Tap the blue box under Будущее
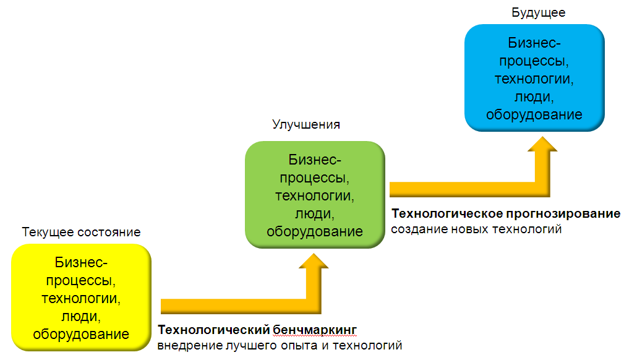point(534,78)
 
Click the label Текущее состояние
point(81,233)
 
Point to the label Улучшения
point(306,124)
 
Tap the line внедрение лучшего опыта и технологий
point(280,344)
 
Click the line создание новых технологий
point(476,229)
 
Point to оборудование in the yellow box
point(80,334)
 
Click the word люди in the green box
point(315,214)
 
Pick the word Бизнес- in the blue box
point(534,43)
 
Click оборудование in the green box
point(315,232)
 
